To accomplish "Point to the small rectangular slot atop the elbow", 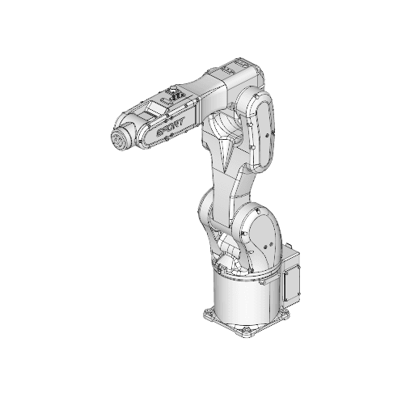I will [242, 62].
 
